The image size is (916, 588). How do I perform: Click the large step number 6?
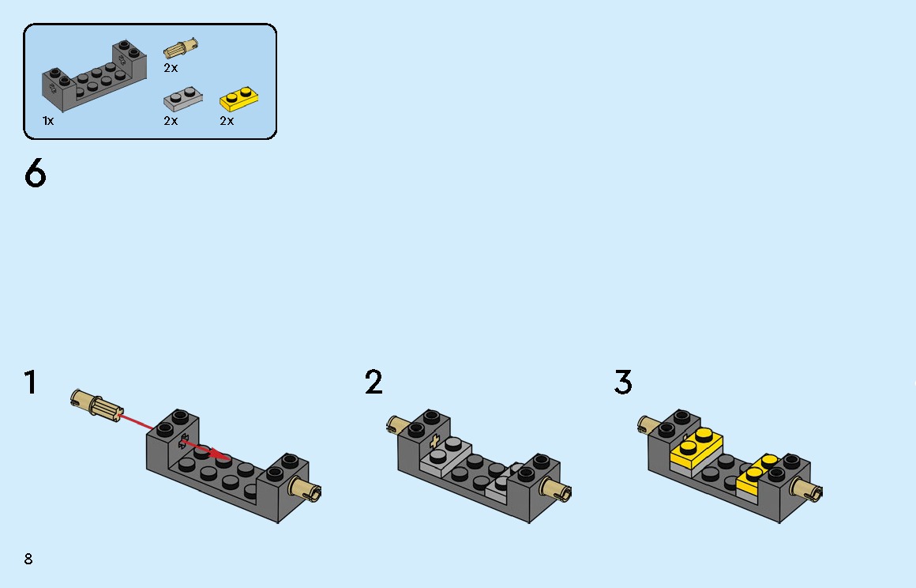tap(35, 174)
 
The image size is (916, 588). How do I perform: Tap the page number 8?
tap(28, 559)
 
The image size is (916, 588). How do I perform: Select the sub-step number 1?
tap(30, 383)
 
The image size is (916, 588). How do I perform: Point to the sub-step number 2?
tap(374, 383)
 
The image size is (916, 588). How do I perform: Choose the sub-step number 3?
tap(623, 383)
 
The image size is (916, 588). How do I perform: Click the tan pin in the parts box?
tap(181, 48)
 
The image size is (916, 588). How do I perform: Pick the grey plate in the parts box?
tap(183, 99)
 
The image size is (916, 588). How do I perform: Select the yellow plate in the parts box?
tap(239, 100)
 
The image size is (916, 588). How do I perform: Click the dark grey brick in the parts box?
tap(94, 76)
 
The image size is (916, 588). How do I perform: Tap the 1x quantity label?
tap(48, 121)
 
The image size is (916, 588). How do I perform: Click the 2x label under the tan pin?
tap(171, 68)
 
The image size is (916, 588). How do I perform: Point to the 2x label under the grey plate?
tap(171, 121)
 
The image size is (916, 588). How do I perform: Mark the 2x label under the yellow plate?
tap(227, 121)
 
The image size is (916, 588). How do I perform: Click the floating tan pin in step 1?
tap(96, 403)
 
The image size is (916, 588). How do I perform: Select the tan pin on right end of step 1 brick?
tap(305, 488)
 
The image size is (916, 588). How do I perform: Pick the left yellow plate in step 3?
tap(696, 449)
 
